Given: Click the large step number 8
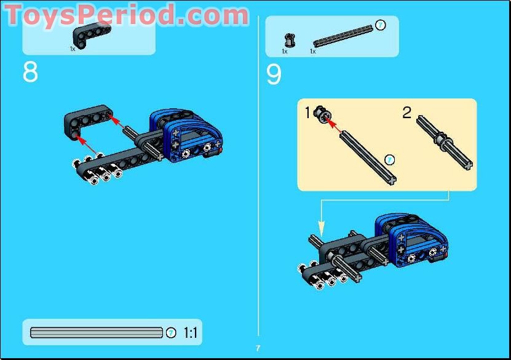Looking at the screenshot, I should click(30, 73).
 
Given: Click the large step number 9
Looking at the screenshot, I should click(274, 75).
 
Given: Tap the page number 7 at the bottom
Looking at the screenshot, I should click(258, 348).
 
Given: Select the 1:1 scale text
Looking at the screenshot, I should click(191, 333).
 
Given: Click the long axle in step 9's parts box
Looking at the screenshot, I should click(342, 36).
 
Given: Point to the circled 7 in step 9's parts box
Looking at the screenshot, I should click(380, 25).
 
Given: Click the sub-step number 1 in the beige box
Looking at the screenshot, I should click(307, 113).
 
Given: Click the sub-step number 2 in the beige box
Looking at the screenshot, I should click(406, 113).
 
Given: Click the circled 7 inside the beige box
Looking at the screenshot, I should click(389, 160).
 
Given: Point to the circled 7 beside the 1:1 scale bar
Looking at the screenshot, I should click(171, 333).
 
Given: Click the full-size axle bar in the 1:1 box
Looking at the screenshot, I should click(97, 333).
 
